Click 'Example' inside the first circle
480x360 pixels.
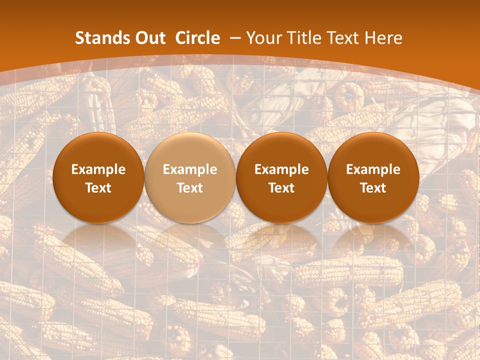[98, 169]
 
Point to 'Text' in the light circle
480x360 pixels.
[190, 188]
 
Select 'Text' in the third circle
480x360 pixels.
[281, 188]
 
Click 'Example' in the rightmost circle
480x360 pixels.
[373, 169]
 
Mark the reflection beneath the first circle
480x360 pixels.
[98, 240]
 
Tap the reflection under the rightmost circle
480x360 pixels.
[373, 240]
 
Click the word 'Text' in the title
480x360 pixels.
[347, 38]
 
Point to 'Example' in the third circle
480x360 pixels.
[281, 169]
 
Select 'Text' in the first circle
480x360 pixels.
[98, 188]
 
